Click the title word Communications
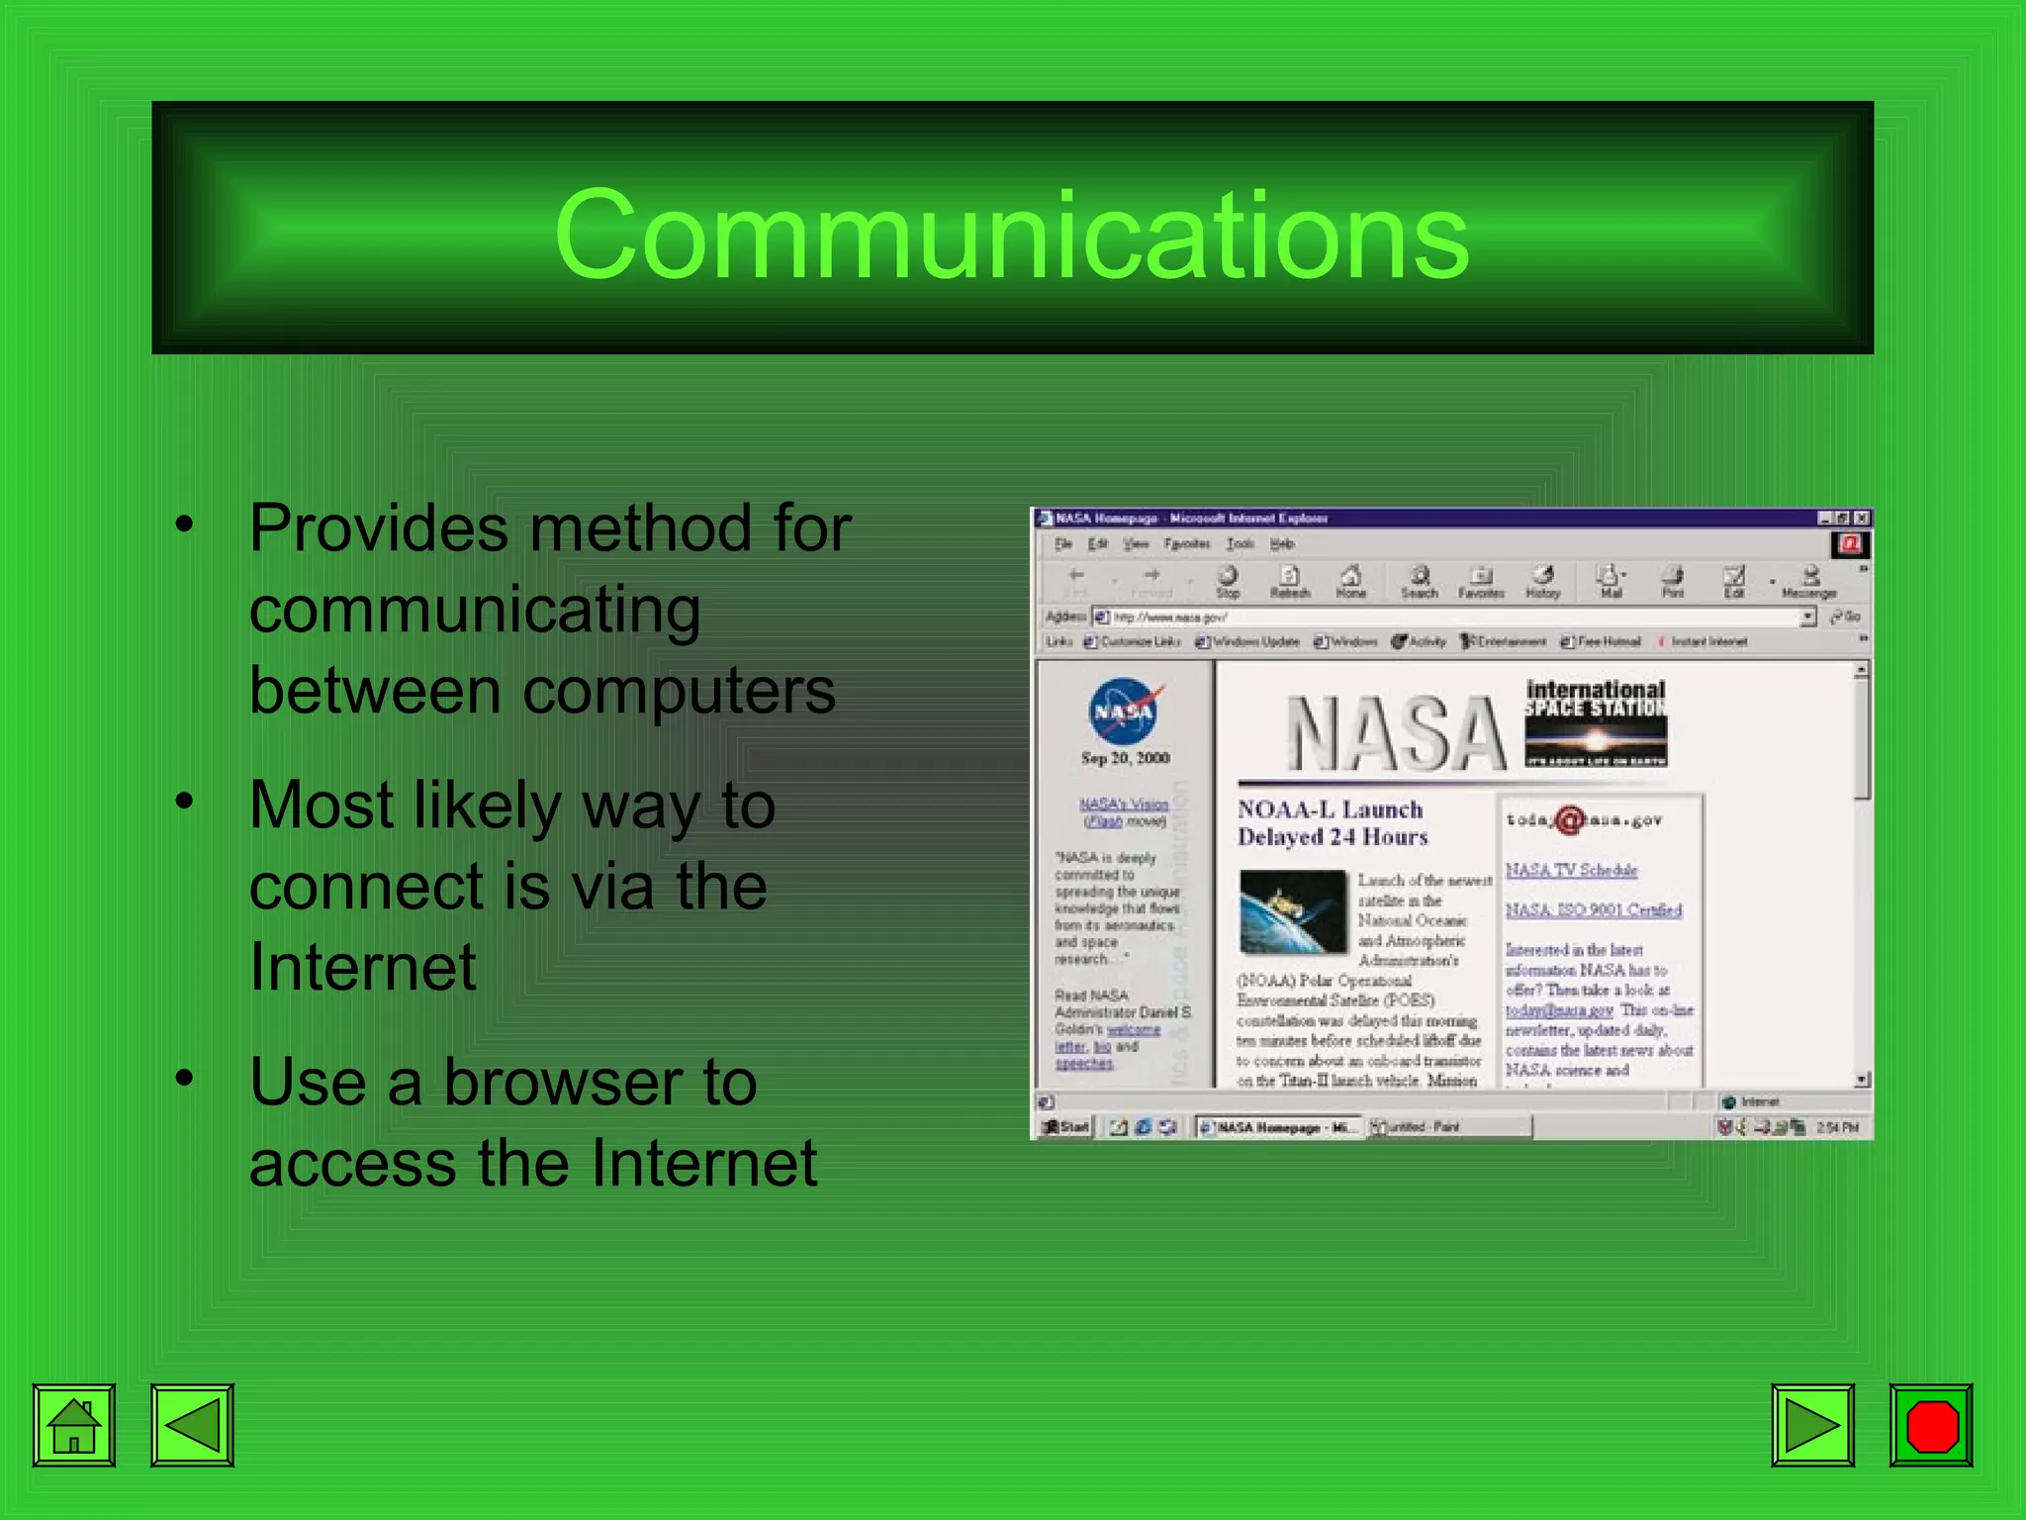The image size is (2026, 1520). click(x=1011, y=235)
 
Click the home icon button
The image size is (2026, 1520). click(x=74, y=1425)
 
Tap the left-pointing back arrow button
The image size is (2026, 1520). click(x=192, y=1425)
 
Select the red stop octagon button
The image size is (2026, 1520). click(x=1931, y=1425)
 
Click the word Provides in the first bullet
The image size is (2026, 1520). click(x=379, y=529)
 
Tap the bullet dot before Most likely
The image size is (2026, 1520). click(x=185, y=801)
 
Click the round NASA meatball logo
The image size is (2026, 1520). click(x=1123, y=711)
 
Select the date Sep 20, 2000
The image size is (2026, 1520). click(x=1125, y=758)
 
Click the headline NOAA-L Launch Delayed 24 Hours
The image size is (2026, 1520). click(x=1332, y=822)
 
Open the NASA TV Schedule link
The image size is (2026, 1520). click(x=1571, y=870)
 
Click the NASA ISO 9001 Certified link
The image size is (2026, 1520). click(x=1593, y=909)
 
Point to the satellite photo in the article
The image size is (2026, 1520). click(x=1292, y=911)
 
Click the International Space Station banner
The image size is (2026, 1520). click(x=1595, y=723)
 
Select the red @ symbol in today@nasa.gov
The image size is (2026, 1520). click(x=1569, y=820)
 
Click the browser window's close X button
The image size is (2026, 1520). click(x=1861, y=518)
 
